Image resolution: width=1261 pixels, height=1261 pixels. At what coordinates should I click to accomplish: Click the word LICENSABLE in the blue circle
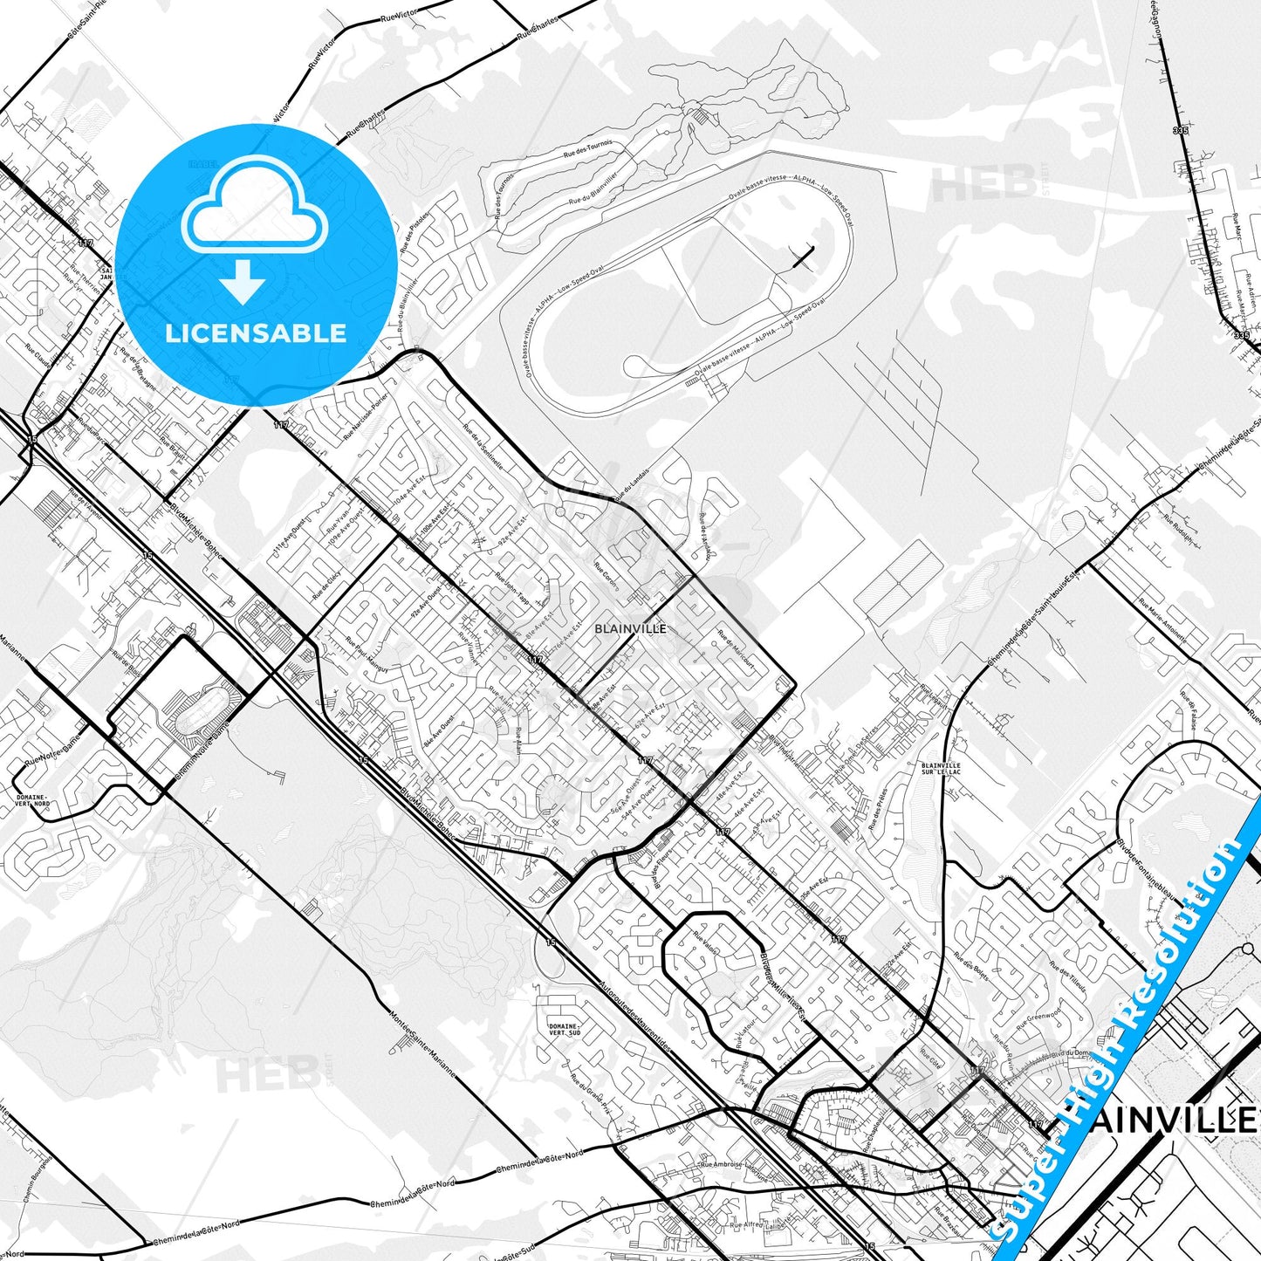tap(255, 332)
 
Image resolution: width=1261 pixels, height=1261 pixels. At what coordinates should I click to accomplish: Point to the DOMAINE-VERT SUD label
tap(563, 1030)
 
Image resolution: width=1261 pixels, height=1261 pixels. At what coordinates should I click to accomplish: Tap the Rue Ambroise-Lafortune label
tap(734, 1168)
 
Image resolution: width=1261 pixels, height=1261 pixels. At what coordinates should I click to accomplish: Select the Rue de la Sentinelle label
tap(483, 447)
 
